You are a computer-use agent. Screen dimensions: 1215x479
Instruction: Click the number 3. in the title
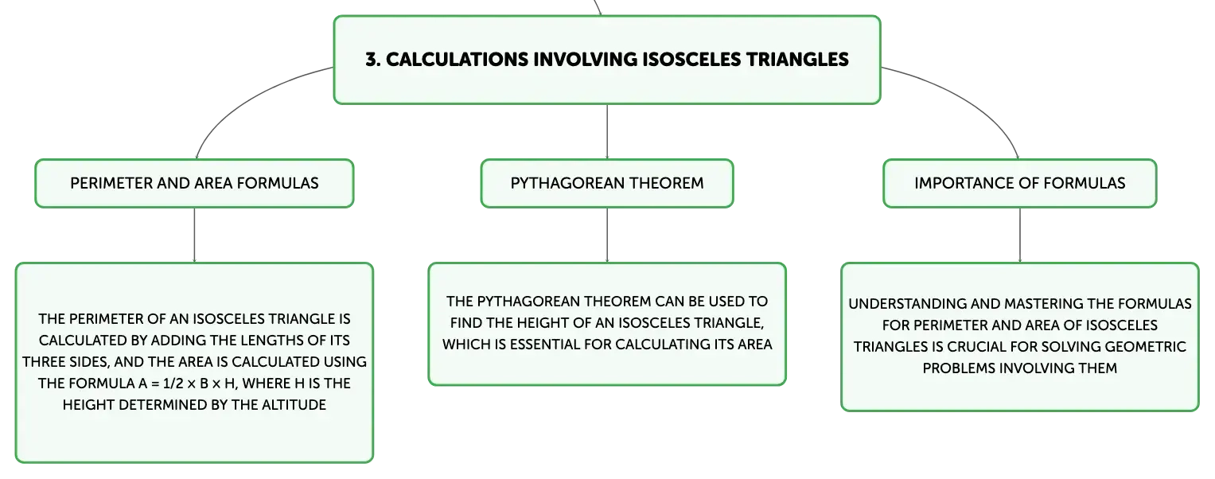click(x=372, y=60)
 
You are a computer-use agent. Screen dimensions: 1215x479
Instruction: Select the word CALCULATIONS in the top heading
click(x=457, y=60)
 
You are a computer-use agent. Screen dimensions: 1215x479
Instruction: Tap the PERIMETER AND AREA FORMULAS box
click(x=194, y=183)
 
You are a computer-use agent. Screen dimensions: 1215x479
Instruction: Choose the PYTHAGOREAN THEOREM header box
click(x=607, y=183)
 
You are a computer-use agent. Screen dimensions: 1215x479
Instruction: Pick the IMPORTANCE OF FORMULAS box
click(x=1020, y=183)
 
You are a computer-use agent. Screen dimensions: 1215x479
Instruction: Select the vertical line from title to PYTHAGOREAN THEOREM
click(x=607, y=131)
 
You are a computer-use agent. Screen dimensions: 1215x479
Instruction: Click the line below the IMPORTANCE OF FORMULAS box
click(x=1020, y=236)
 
